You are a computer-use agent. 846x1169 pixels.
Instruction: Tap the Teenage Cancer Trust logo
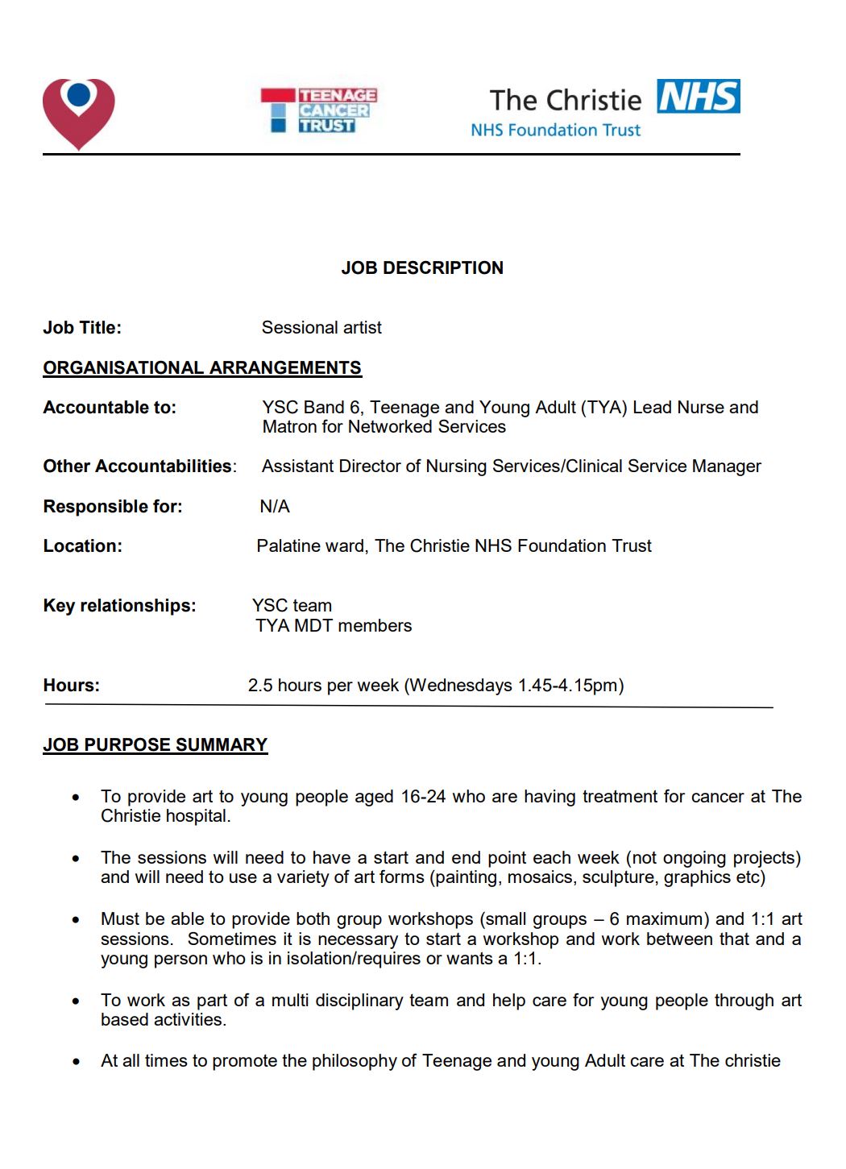click(x=319, y=110)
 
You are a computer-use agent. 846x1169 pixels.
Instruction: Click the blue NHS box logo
click(x=698, y=97)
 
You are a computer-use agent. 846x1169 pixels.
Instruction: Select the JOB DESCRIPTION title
click(x=422, y=268)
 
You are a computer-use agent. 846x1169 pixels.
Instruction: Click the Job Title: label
click(x=82, y=328)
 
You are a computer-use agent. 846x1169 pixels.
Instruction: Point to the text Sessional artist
click(x=321, y=328)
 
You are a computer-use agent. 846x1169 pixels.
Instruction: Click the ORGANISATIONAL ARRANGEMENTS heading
click(x=202, y=368)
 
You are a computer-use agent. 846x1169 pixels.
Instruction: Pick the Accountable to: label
click(x=110, y=408)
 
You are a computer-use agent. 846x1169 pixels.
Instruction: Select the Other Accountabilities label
click(x=139, y=466)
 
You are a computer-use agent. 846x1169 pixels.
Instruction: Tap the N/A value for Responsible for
click(x=275, y=507)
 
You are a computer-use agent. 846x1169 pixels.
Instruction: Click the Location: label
click(x=83, y=546)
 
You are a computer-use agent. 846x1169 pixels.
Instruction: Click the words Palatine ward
click(x=311, y=546)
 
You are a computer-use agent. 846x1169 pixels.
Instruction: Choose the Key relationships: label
click(x=119, y=606)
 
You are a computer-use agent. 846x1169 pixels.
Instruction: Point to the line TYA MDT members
click(x=334, y=626)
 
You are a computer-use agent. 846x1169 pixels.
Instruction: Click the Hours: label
click(x=72, y=686)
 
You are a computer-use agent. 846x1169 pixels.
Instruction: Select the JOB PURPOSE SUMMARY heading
click(x=156, y=745)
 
